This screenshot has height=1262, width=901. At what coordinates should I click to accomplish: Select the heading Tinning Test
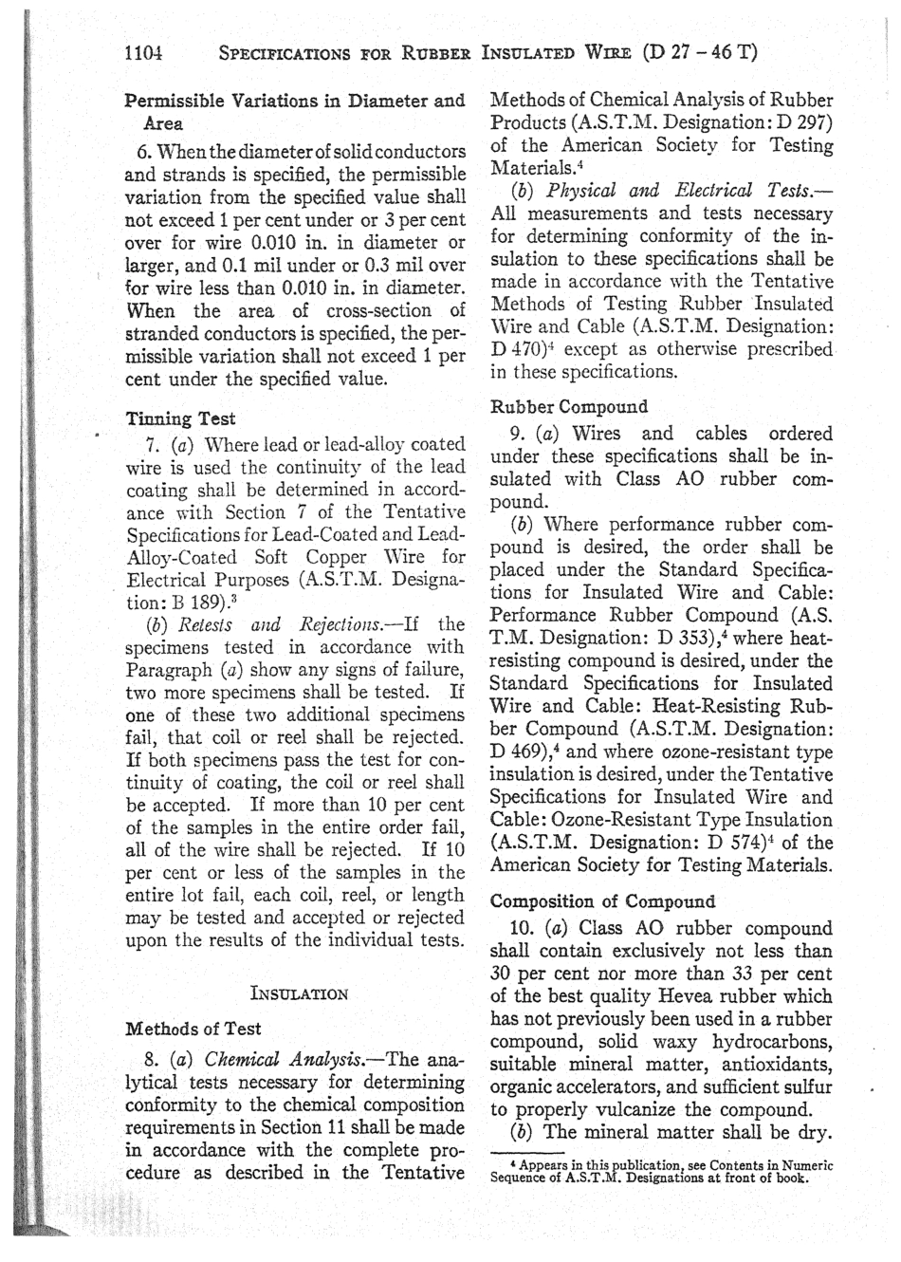[x=181, y=418]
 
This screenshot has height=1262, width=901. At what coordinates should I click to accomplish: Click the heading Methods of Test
[x=193, y=1029]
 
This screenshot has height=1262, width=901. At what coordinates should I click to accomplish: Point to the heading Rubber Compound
[x=569, y=407]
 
